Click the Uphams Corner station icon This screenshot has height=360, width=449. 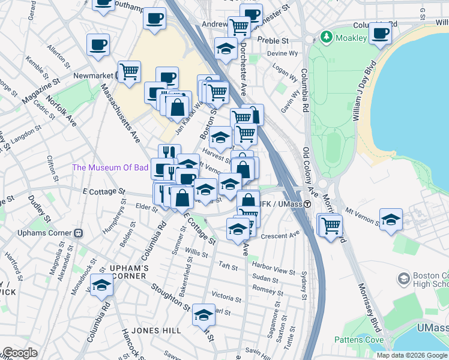tap(77, 233)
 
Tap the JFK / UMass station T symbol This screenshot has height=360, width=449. tap(307, 205)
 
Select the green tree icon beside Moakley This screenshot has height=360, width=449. tap(327, 37)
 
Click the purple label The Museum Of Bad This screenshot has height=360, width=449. tap(110, 167)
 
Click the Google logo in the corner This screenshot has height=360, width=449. tap(19, 353)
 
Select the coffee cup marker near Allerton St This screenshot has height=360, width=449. tap(98, 44)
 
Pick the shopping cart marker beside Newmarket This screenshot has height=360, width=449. tap(129, 71)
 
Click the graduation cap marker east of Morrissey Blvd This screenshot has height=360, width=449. tap(391, 219)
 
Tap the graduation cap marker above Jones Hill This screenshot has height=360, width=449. tap(203, 314)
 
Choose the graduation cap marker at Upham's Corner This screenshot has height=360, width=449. tap(101, 285)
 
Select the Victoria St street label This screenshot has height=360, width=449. tap(226, 297)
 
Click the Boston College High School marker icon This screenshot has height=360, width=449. tap(404, 278)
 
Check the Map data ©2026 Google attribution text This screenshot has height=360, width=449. tap(412, 355)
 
